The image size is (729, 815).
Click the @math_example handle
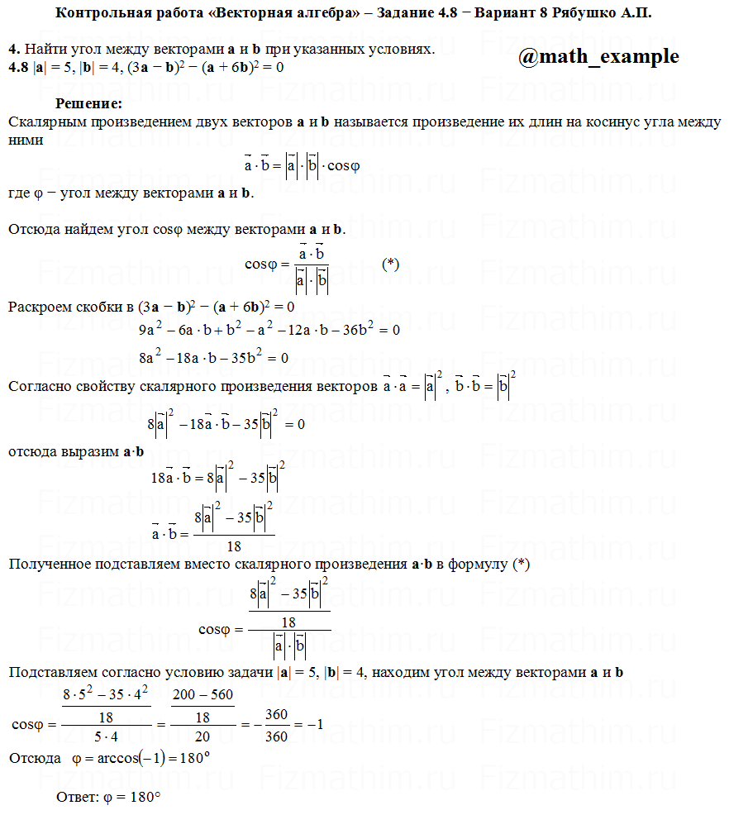coord(598,56)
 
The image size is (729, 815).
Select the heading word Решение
coord(88,104)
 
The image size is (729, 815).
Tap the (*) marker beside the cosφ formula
coord(391,264)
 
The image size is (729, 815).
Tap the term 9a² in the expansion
coord(150,330)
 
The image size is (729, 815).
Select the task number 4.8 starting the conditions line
coord(17,66)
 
